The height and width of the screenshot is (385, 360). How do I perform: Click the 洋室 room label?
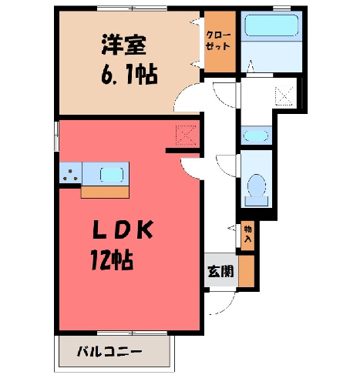coord(123,45)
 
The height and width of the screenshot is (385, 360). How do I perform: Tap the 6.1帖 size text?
coord(130,75)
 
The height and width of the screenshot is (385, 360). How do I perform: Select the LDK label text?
coord(123,229)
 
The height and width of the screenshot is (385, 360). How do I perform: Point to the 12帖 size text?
coord(112,259)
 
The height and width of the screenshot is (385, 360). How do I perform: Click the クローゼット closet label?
coord(218,41)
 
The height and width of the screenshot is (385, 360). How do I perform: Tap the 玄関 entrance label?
coord(220,271)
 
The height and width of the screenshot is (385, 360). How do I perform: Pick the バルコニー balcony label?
coord(109,352)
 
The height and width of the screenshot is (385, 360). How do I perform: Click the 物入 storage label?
coord(247,234)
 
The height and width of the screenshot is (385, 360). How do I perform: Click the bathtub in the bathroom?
coord(271,25)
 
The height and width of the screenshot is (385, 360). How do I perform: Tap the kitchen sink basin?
coord(112,175)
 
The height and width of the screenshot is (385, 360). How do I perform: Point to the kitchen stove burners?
coord(70,175)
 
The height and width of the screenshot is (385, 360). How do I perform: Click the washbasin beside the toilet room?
coord(256,136)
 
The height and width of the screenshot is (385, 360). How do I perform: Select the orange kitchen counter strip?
coord(105,192)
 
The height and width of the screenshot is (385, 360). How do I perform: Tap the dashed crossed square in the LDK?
coord(186,135)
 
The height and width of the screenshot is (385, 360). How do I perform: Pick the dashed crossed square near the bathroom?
coord(284,95)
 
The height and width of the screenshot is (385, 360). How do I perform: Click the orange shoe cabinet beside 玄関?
coord(247,271)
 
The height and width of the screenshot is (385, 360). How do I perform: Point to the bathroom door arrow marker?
coord(251,66)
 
